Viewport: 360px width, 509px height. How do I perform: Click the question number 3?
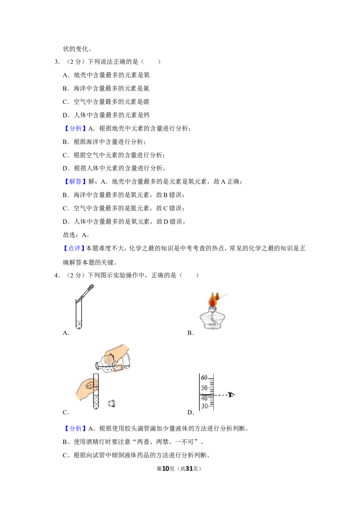coord(57,62)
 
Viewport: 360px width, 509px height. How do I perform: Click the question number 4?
coord(57,276)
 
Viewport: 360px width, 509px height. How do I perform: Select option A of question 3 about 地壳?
coord(106,75)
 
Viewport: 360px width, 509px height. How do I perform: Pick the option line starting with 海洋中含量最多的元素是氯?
coord(106,89)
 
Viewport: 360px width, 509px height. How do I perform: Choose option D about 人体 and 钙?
coord(106,115)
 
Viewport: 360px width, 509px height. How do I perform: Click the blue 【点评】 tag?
coord(74,249)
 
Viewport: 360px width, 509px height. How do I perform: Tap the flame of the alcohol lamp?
coord(213,299)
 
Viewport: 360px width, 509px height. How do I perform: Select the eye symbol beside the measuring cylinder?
coord(231,395)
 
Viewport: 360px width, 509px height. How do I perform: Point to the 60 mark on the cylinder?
coord(204,378)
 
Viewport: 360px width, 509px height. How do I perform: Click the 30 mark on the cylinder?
coord(204,406)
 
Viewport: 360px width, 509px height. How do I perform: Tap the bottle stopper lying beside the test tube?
coord(112,403)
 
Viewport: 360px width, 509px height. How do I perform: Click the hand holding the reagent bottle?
coord(117,354)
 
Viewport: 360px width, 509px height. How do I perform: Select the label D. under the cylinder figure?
coord(191,413)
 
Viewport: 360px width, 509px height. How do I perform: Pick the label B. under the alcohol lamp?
coord(191,333)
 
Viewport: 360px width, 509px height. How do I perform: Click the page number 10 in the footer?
coord(166,469)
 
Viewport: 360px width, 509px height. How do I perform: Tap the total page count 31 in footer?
coord(189,469)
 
